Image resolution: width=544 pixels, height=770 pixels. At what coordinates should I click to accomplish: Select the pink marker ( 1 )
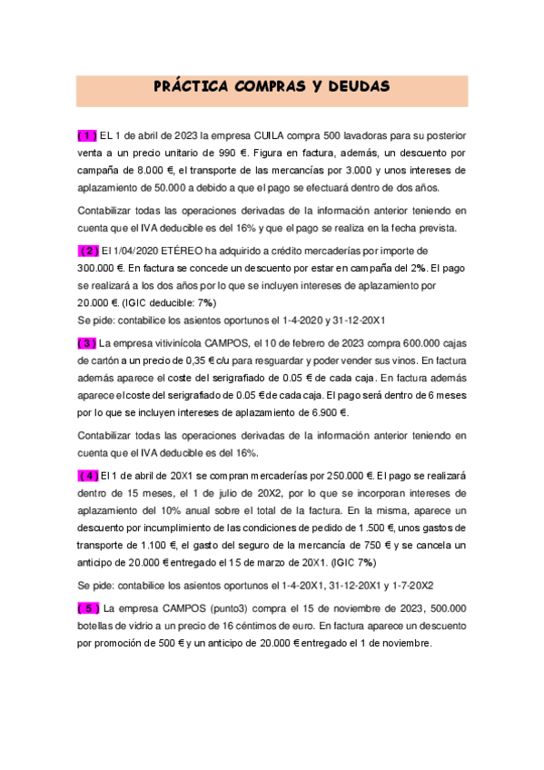pyautogui.click(x=87, y=135)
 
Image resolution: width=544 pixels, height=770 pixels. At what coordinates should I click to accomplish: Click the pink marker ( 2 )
pyautogui.click(x=89, y=250)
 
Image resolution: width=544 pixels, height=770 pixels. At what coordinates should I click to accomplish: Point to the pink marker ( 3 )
pyautogui.click(x=87, y=343)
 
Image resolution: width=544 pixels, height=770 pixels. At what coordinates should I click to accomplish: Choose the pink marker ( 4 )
pyautogui.click(x=89, y=475)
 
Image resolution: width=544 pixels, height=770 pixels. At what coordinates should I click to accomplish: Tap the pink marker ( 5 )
pyautogui.click(x=88, y=607)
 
